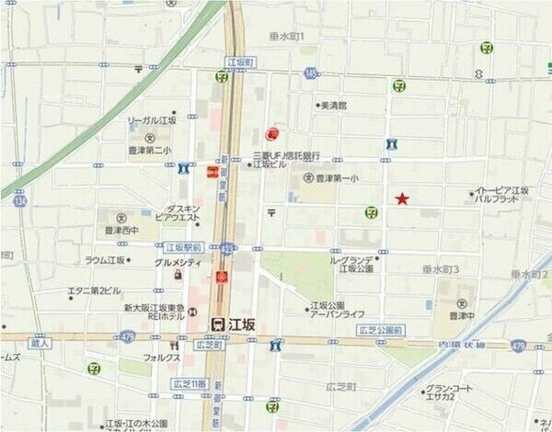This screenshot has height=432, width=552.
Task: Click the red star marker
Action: (x=401, y=199)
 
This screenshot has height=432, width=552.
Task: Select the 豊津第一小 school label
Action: (x=336, y=178)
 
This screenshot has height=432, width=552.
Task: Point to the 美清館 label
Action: (x=333, y=106)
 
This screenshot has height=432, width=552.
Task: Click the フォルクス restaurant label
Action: (x=160, y=357)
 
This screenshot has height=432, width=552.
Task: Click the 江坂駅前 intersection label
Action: (x=182, y=247)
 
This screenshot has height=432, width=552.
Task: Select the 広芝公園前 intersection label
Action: (x=378, y=329)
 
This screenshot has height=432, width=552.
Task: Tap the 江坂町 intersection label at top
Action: (x=239, y=63)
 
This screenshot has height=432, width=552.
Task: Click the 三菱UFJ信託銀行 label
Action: (x=287, y=155)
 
